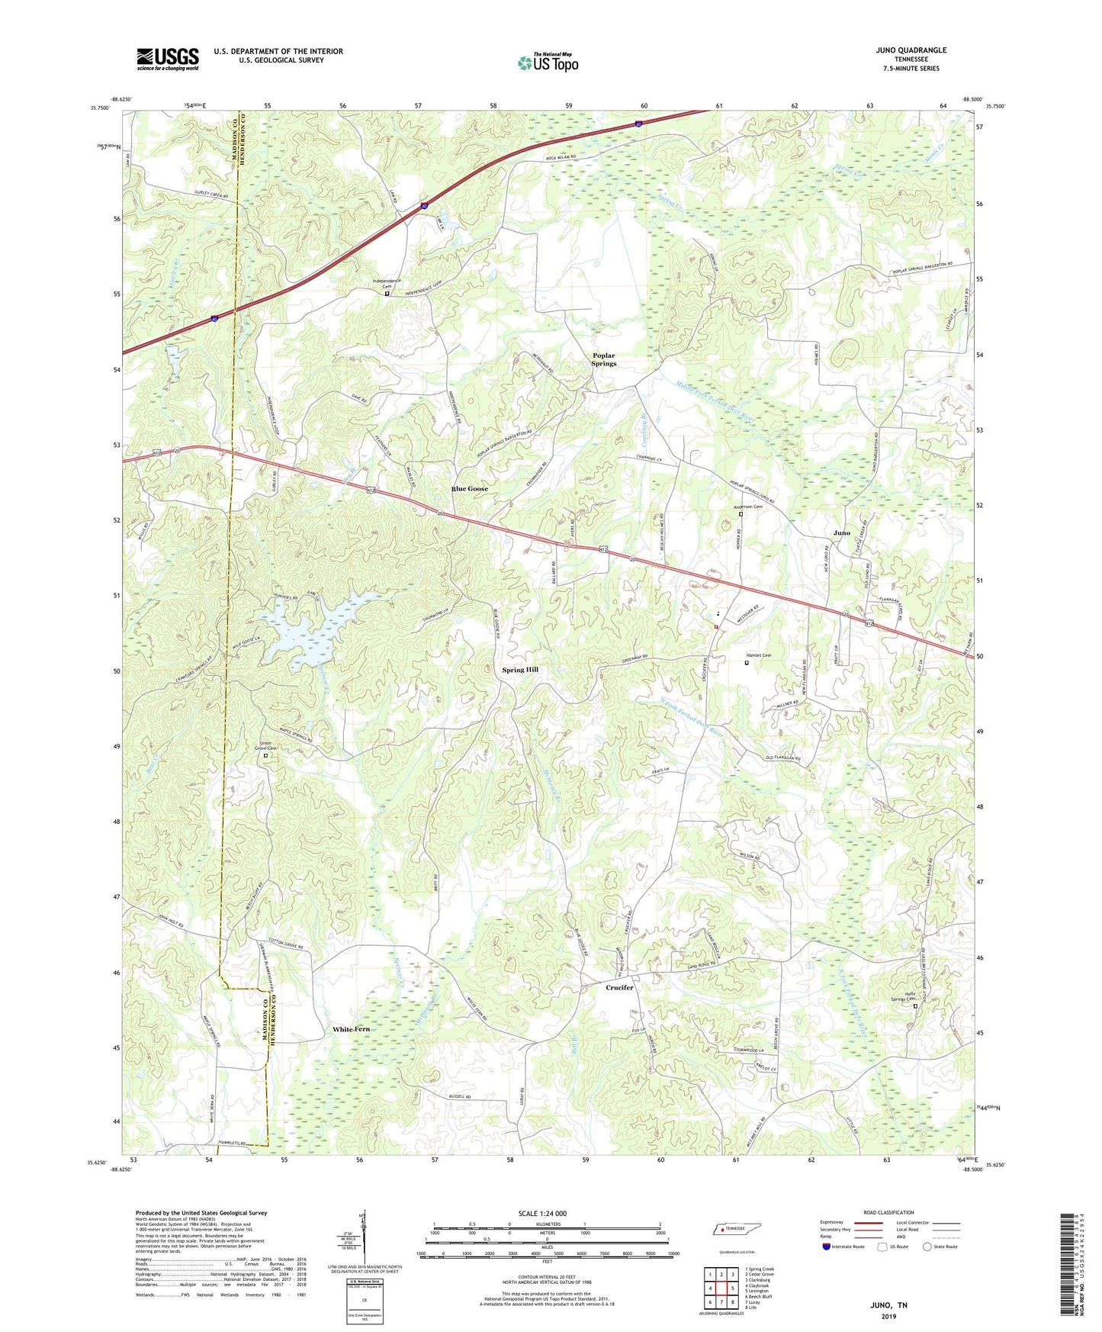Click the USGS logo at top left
tap(167, 59)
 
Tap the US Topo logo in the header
tap(548, 63)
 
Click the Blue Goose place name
tap(469, 488)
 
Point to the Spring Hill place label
tap(520, 670)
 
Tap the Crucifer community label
tap(619, 987)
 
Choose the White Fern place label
tap(352, 1029)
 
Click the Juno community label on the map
tap(841, 532)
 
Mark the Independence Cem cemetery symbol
tap(387, 294)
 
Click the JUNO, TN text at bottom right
tap(889, 1305)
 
